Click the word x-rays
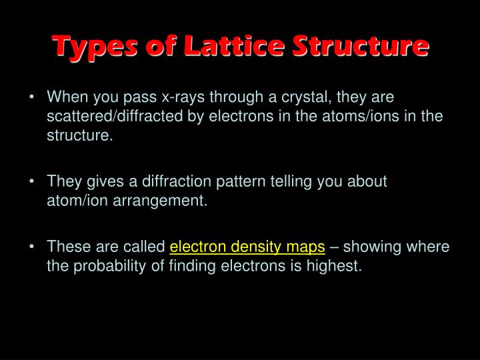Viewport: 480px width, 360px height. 183,98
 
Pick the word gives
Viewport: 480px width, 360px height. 102,181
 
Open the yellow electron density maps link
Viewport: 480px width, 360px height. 247,247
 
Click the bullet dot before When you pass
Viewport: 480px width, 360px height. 32,98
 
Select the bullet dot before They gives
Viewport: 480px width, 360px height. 32,181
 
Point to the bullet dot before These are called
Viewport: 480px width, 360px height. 32,247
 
